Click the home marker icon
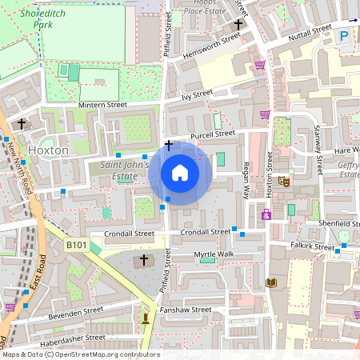pos(180,173)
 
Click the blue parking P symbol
pos(344,36)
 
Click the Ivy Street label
pos(196,94)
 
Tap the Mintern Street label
pos(102,105)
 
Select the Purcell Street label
pos(212,134)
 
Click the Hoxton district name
pos(48,150)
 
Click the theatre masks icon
pos(285,182)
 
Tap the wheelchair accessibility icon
pos(266,214)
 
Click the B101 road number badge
pos(77,244)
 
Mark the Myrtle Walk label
pos(215,254)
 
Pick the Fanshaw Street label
pos(185,310)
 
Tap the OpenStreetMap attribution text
pos(81,354)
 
